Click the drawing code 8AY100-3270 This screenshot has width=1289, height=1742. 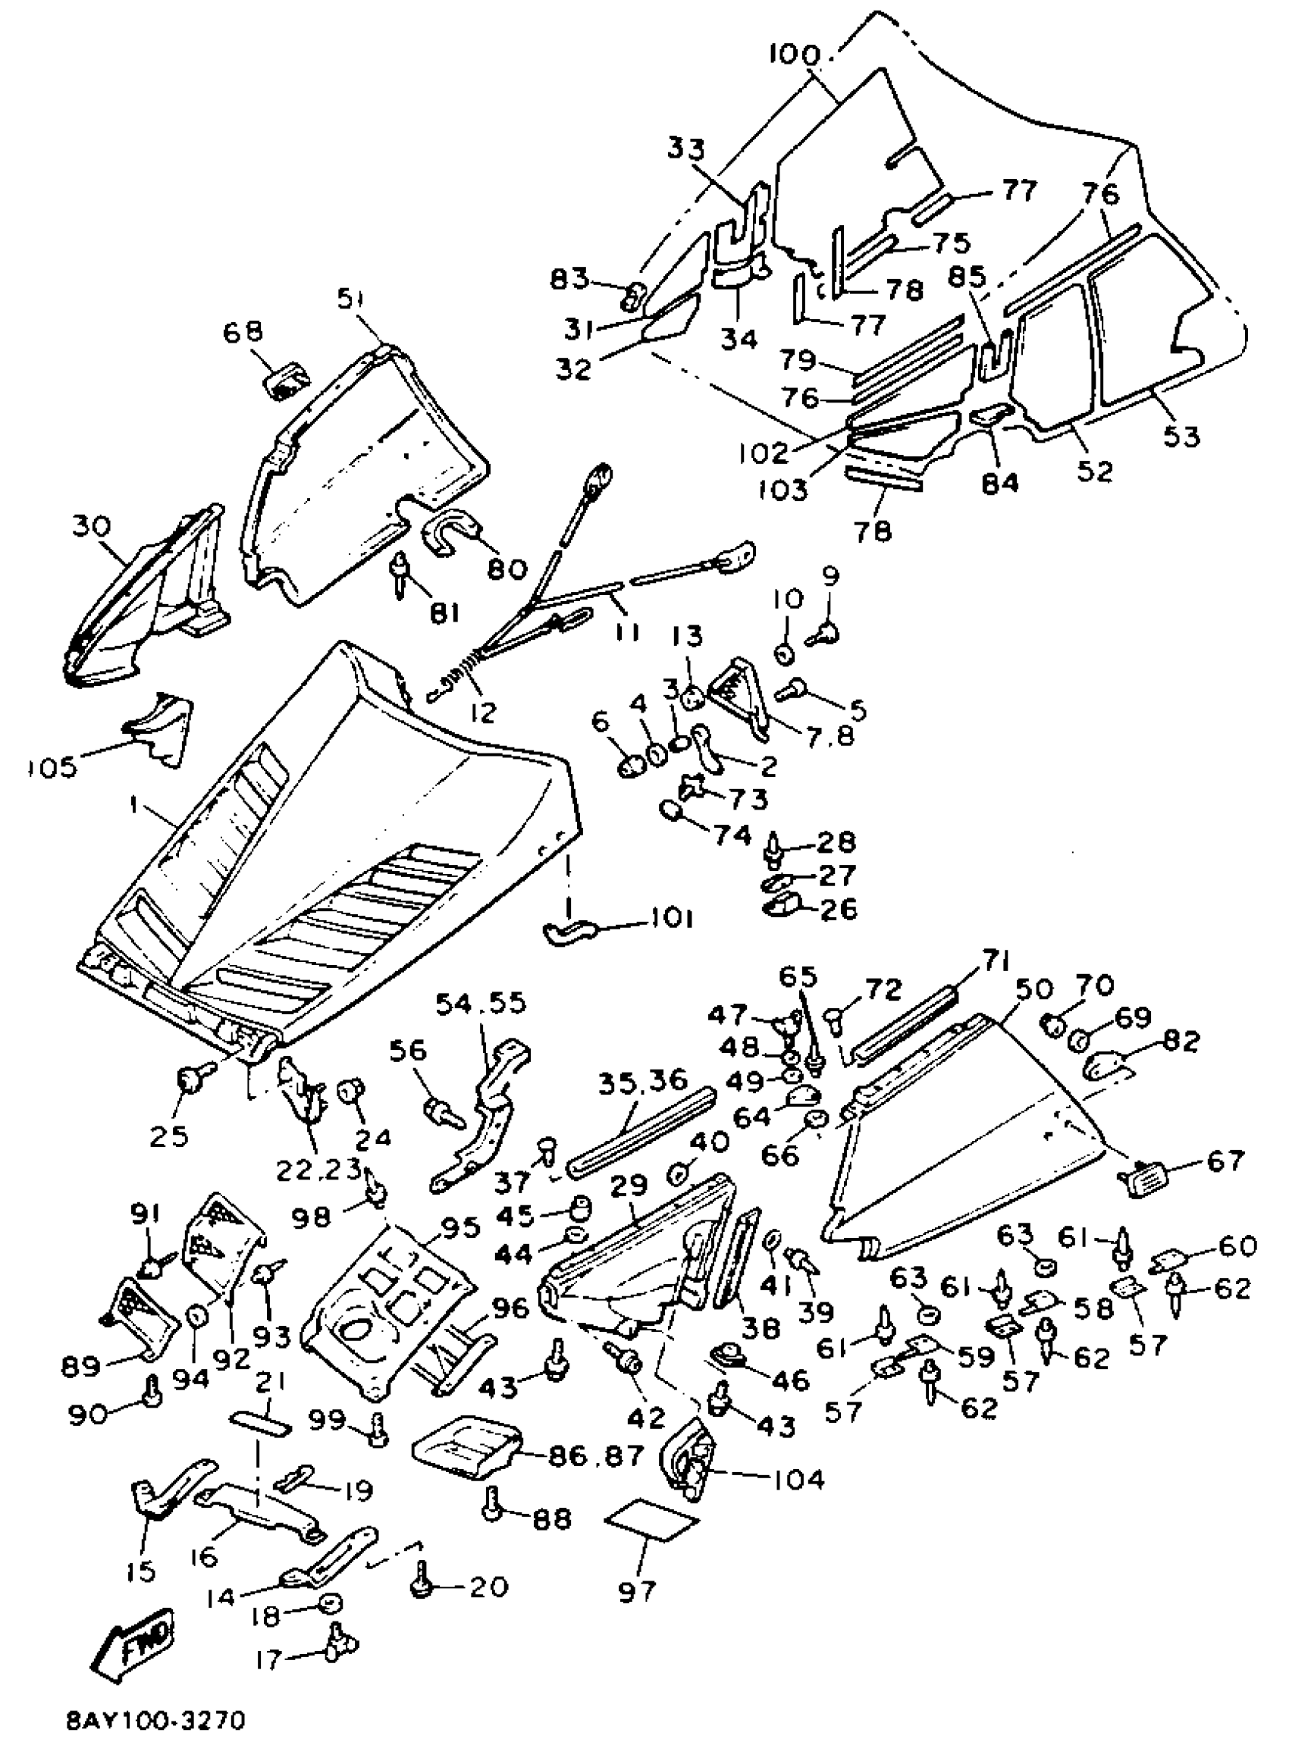(x=156, y=1720)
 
